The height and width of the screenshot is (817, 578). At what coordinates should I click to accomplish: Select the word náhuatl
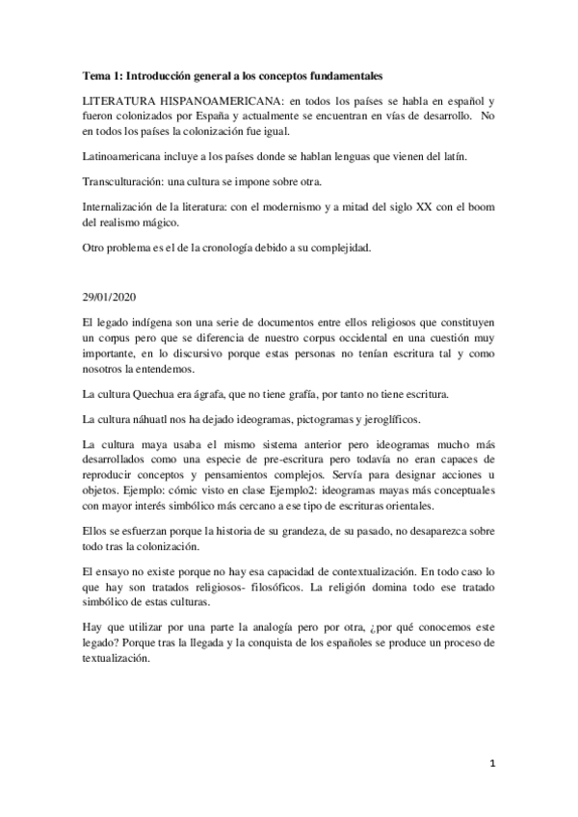click(x=167, y=420)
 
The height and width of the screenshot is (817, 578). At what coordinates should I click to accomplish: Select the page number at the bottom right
click(x=493, y=763)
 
